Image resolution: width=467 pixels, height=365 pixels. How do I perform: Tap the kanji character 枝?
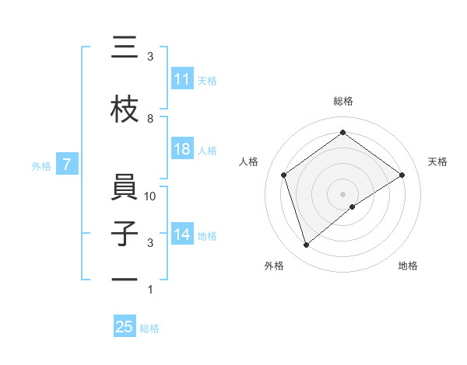point(125,110)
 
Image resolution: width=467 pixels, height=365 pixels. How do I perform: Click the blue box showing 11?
point(182,79)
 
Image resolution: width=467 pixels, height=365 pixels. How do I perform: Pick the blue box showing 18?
point(182,149)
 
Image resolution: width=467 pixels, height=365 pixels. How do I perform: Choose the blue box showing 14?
point(182,235)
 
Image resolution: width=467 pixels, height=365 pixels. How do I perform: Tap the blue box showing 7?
point(68,164)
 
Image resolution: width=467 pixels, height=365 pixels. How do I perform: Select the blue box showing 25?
point(125,327)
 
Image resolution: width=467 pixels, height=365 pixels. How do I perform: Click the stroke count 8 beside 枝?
point(150,119)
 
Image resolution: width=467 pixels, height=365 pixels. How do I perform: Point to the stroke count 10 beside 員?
point(150,196)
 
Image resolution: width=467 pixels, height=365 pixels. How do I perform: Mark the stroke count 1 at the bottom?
point(150,290)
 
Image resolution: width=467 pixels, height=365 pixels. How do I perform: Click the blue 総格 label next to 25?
point(149,328)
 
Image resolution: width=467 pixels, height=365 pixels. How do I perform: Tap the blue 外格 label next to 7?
point(40,165)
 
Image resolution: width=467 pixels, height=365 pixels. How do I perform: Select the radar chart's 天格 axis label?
point(437,162)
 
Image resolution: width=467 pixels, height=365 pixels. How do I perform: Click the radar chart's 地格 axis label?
point(408,266)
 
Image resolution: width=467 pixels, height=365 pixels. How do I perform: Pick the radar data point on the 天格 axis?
point(402,175)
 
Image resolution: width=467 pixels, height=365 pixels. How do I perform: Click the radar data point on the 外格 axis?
point(306,245)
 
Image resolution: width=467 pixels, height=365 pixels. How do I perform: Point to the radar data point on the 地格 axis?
point(353,207)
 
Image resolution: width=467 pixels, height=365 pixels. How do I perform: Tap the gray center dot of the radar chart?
point(343,193)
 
